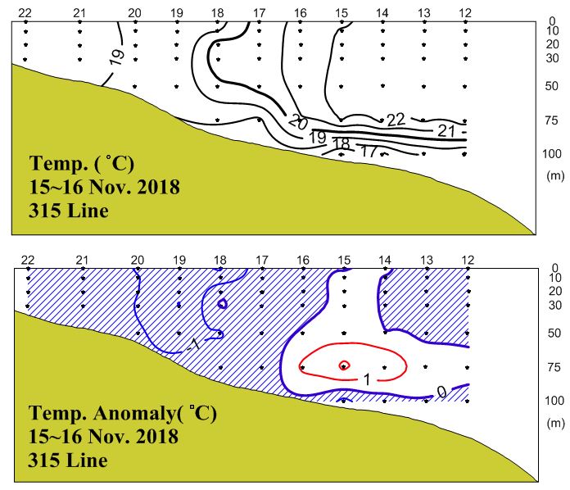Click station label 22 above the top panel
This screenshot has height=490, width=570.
coord(25,12)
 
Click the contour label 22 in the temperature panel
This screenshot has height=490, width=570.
coord(396,120)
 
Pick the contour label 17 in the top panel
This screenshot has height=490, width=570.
coord(369,152)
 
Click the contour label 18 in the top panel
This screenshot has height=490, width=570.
coord(342,145)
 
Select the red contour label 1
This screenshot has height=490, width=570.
coord(367,379)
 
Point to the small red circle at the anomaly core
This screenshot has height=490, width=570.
coord(345,365)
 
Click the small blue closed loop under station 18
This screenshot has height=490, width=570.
coord(222,303)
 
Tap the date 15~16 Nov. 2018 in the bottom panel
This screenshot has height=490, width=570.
coord(103,438)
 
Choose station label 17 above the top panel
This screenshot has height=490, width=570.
coord(260,12)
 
